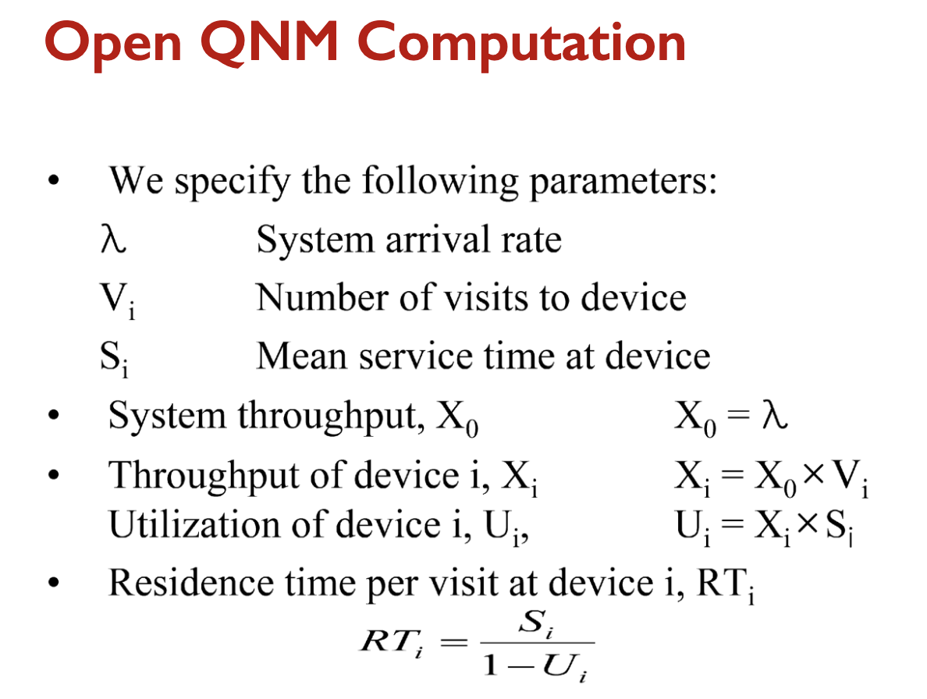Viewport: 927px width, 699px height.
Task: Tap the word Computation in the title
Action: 521,43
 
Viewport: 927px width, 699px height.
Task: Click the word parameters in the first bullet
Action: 623,182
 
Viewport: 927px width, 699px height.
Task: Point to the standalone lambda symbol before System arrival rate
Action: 113,240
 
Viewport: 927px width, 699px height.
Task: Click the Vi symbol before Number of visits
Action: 118,300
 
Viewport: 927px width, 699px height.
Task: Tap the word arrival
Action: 438,240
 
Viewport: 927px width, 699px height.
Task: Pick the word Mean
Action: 301,357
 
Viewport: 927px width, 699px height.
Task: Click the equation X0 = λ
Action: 730,417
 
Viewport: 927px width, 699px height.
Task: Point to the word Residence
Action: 191,583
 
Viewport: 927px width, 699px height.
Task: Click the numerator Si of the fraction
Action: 535,623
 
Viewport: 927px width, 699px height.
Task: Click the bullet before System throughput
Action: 54,415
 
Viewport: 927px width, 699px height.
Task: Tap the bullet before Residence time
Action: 54,583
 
